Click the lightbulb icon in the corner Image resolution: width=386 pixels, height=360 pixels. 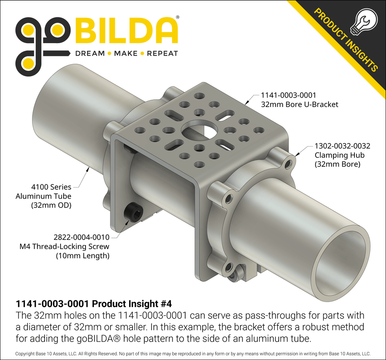point(363,21)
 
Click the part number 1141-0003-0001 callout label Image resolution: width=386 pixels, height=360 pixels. point(288,95)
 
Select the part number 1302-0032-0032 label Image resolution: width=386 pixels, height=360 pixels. point(342,146)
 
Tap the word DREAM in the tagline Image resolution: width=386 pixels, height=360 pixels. point(89,53)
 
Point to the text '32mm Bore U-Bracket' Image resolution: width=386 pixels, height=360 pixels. point(299,104)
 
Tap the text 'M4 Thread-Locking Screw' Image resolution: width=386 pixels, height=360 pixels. point(71,246)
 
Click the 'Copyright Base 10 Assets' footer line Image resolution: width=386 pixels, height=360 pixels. point(193,353)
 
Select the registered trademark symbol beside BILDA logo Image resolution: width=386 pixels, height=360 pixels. point(178,17)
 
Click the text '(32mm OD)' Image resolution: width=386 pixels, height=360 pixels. point(51,205)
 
